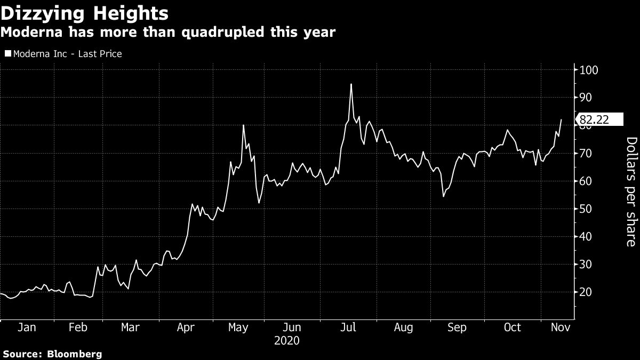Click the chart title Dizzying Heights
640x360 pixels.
85,13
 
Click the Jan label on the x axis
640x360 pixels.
27,327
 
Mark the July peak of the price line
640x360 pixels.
351,84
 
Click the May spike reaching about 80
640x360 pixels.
243,125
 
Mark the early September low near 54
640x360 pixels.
443,196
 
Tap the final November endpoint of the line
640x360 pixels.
561,119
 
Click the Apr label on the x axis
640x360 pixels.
186,327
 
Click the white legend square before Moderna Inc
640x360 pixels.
7,54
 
